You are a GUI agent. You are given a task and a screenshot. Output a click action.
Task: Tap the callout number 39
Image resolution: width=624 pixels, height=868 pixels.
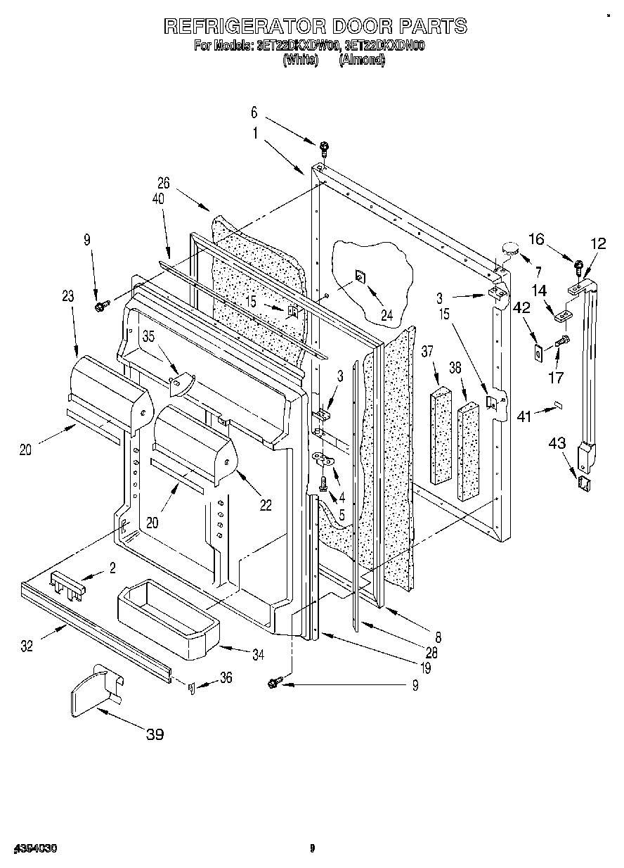[x=155, y=735]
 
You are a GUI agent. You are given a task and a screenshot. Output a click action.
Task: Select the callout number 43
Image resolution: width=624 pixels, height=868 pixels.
[x=556, y=444]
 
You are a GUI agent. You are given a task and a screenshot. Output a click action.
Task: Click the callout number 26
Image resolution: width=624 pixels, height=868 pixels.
[x=164, y=184]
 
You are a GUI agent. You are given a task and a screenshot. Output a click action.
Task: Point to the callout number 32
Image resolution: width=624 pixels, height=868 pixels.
[x=26, y=646]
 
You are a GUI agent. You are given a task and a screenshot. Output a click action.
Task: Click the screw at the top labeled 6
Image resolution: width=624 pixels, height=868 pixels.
[x=324, y=148]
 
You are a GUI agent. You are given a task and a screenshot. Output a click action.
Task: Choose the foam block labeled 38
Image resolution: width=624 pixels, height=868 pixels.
[x=469, y=450]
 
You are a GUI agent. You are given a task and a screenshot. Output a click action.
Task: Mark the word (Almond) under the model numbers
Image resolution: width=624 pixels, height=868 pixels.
[x=362, y=60]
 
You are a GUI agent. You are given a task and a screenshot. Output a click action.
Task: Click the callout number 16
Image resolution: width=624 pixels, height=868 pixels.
[x=536, y=240]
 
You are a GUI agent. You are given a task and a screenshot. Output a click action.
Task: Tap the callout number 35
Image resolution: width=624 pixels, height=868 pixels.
[x=148, y=336]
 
